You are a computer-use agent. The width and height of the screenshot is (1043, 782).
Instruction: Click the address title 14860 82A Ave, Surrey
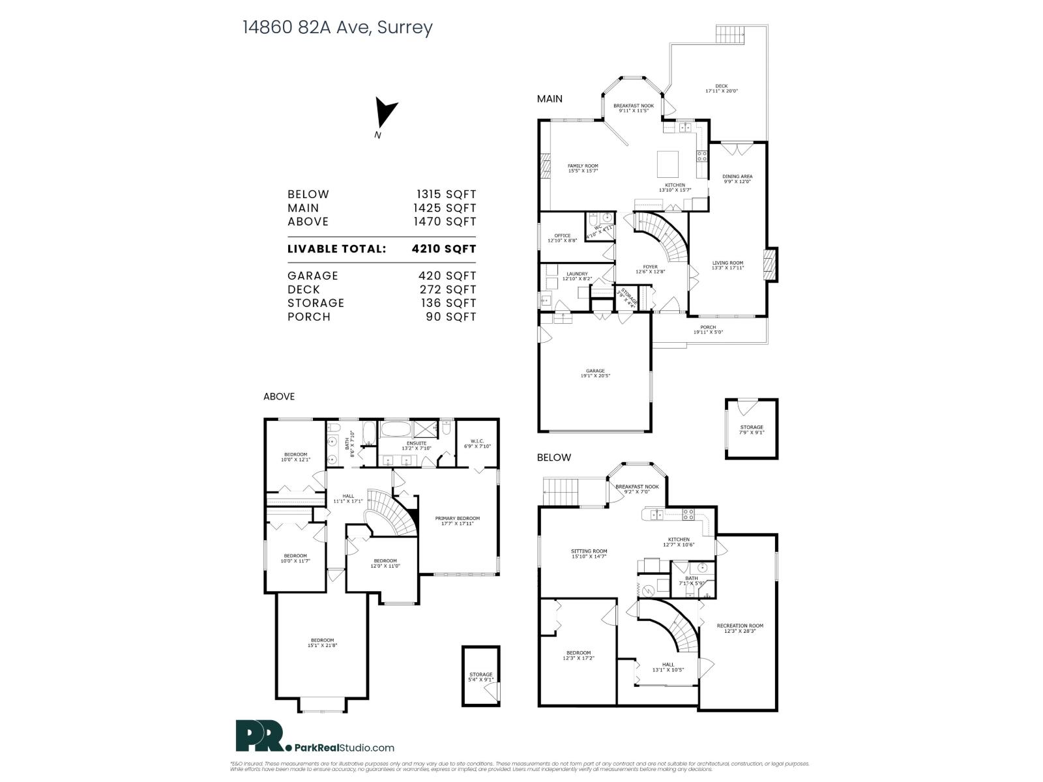pyautogui.click(x=337, y=27)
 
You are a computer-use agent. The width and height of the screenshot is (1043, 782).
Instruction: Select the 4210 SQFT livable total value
pyautogui.click(x=444, y=249)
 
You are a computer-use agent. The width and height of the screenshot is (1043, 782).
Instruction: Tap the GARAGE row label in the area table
pyautogui.click(x=313, y=276)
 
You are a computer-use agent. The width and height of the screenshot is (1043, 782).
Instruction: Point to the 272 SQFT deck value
pyautogui.click(x=447, y=289)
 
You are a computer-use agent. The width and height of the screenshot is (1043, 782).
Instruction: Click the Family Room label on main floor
pyautogui.click(x=582, y=168)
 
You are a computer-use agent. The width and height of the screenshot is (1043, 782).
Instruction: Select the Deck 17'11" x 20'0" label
pyautogui.click(x=721, y=89)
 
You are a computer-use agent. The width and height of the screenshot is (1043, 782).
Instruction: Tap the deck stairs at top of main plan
pyautogui.click(x=730, y=34)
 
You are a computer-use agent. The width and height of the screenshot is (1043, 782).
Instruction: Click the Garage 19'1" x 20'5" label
pyautogui.click(x=595, y=373)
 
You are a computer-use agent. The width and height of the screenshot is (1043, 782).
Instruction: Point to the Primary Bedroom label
pyautogui.click(x=457, y=521)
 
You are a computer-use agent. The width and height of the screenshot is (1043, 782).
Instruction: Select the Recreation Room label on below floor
pyautogui.click(x=739, y=628)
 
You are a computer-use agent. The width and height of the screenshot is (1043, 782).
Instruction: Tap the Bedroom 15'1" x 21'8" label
pyautogui.click(x=322, y=643)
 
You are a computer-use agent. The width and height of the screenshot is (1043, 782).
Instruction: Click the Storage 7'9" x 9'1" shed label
pyautogui.click(x=751, y=430)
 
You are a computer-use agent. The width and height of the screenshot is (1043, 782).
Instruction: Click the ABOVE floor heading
pyautogui.click(x=278, y=396)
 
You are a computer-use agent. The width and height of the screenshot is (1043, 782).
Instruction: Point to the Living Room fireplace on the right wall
pyautogui.click(x=771, y=265)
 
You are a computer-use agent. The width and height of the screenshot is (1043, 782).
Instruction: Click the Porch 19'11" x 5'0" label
pyautogui.click(x=707, y=330)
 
